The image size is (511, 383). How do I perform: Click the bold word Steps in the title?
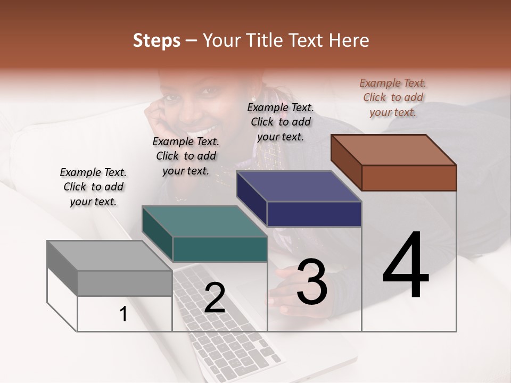[156, 40]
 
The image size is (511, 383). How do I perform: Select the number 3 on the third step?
[312, 282]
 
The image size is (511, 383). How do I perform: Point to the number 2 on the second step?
[215, 298]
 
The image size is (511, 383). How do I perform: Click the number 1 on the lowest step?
[123, 314]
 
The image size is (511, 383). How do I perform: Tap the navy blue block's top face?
[299, 186]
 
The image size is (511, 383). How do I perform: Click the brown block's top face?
[393, 149]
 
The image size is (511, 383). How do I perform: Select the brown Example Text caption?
[393, 97]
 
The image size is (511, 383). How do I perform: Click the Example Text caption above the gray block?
[93, 187]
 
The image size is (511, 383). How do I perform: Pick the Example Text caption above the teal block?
[186, 156]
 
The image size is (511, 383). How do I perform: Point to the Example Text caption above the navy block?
[280, 122]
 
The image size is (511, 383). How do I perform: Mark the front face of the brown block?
[409, 178]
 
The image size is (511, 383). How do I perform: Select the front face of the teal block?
[220, 249]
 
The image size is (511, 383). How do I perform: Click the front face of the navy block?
[314, 214]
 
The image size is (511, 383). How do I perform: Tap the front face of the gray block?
[125, 283]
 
